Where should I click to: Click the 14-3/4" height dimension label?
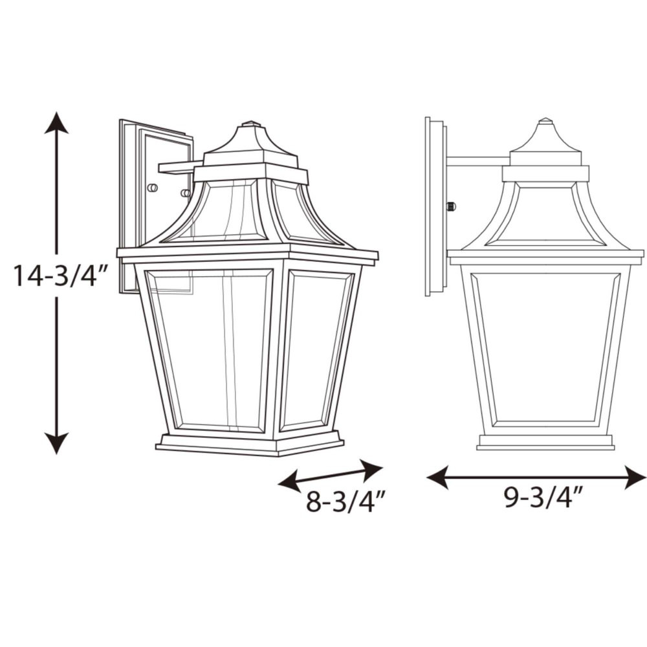pyautogui.click(x=61, y=275)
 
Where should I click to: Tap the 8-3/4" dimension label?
pyautogui.click(x=345, y=501)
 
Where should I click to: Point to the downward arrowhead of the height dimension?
pyautogui.click(x=56, y=444)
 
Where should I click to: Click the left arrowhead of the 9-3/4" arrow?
pyautogui.click(x=437, y=477)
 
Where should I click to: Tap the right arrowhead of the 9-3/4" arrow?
pyautogui.click(x=635, y=477)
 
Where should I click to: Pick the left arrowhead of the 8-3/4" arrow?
pyautogui.click(x=289, y=483)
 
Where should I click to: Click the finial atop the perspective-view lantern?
pyautogui.click(x=250, y=124)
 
